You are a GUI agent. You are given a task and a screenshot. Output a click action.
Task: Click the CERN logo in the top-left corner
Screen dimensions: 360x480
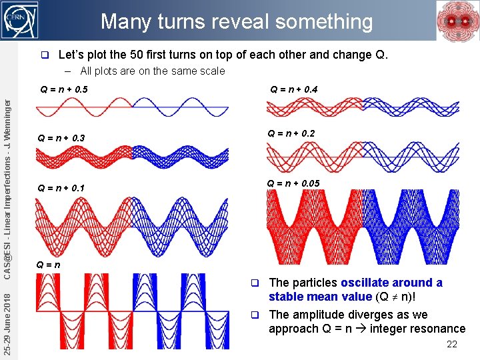point(20,20)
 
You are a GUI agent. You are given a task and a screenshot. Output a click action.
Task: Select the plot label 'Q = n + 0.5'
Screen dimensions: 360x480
point(64,89)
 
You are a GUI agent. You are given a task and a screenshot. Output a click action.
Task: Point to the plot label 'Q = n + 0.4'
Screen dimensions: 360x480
point(293,89)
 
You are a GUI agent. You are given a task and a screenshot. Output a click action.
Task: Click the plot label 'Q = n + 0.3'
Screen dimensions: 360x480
point(61,138)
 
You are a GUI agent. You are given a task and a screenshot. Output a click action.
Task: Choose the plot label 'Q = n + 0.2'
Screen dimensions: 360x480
point(291,133)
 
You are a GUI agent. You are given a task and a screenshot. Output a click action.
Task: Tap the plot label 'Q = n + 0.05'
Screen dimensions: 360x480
point(293,183)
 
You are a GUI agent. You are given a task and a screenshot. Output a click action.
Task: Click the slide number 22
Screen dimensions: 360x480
point(451,344)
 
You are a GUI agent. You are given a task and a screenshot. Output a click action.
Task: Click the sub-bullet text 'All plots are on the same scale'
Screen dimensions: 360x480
point(153,71)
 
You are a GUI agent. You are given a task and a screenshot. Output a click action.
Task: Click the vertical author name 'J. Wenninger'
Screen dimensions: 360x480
point(7,124)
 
